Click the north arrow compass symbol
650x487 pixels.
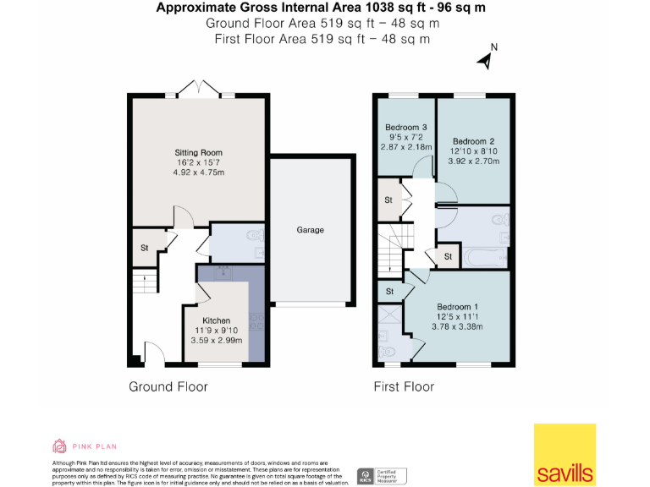point(487,58)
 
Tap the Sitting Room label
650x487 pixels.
point(200,152)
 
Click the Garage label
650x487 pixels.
point(310,230)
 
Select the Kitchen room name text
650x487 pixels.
point(216,320)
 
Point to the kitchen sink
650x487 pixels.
point(224,272)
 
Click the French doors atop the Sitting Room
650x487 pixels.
point(200,89)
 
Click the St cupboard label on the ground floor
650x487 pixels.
point(144,248)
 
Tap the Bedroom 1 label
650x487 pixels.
point(458,306)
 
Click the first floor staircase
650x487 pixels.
point(393,245)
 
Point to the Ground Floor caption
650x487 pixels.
point(168,387)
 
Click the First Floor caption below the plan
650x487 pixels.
point(404,387)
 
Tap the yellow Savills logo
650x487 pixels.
point(564,454)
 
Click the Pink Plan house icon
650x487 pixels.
point(59,446)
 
